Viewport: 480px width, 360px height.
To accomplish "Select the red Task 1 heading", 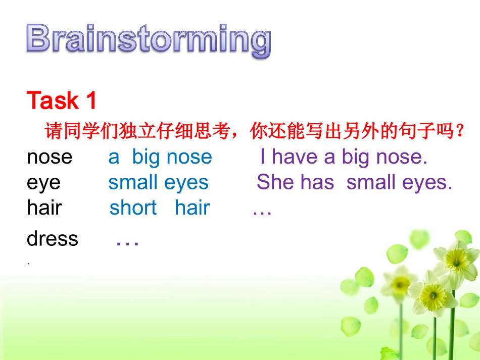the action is [62, 100].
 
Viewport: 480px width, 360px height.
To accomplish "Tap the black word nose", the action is [50, 158].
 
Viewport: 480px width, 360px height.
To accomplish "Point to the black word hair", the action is [44, 208].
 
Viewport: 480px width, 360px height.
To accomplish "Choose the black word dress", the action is [53, 238].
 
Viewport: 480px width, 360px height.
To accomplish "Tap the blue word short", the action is [133, 208].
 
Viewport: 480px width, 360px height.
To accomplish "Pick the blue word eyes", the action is [186, 184].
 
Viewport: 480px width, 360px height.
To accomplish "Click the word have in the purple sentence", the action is [295, 157].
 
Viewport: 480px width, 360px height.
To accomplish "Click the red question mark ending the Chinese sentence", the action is [459, 131].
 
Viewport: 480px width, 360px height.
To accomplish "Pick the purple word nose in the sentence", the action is [402, 158].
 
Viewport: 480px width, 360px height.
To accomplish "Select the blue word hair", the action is [192, 208].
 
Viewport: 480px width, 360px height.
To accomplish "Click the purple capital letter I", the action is [262, 157].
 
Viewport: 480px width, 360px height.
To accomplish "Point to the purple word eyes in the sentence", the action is [427, 183].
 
